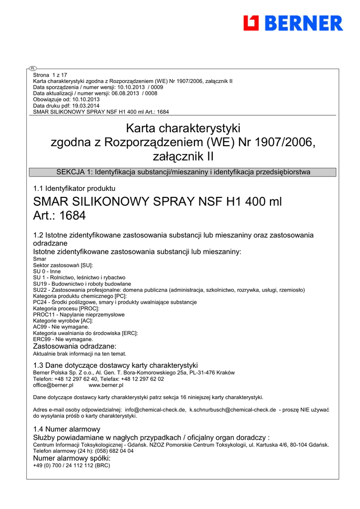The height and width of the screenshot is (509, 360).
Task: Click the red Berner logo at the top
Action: pyautogui.click(x=293, y=23)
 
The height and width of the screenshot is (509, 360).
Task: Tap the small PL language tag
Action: pyautogui.click(x=32, y=68)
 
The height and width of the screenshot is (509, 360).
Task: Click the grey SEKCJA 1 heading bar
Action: pyautogui.click(x=183, y=172)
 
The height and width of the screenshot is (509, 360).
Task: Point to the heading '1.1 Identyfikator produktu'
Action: pyautogui.click(x=74, y=188)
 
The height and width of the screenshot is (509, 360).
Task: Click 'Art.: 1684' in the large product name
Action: pyautogui.click(x=59, y=216)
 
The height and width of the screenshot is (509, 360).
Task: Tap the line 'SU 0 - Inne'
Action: pyautogui.click(x=47, y=271)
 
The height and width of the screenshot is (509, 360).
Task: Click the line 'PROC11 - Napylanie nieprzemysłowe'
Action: pyautogui.click(x=79, y=315)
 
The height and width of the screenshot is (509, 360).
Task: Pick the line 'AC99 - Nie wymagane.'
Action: pyautogui.click(x=61, y=327)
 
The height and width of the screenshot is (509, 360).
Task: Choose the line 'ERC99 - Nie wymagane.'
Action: pyautogui.click(x=63, y=339)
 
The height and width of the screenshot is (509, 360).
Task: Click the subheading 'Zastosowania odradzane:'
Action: pyautogui.click(x=75, y=346)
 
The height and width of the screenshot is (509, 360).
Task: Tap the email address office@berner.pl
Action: pyautogui.click(x=53, y=385)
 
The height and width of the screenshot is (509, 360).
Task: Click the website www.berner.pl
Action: pyautogui.click(x=106, y=385)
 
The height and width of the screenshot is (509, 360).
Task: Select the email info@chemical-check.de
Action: pyautogui.click(x=156, y=410)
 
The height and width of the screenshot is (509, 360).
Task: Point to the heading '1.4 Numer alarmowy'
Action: pyautogui.click(x=67, y=429)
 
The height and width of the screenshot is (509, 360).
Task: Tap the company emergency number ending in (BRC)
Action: pyautogui.click(x=71, y=466)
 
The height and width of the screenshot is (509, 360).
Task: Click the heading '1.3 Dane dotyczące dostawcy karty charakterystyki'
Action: pyautogui.click(x=115, y=365)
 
